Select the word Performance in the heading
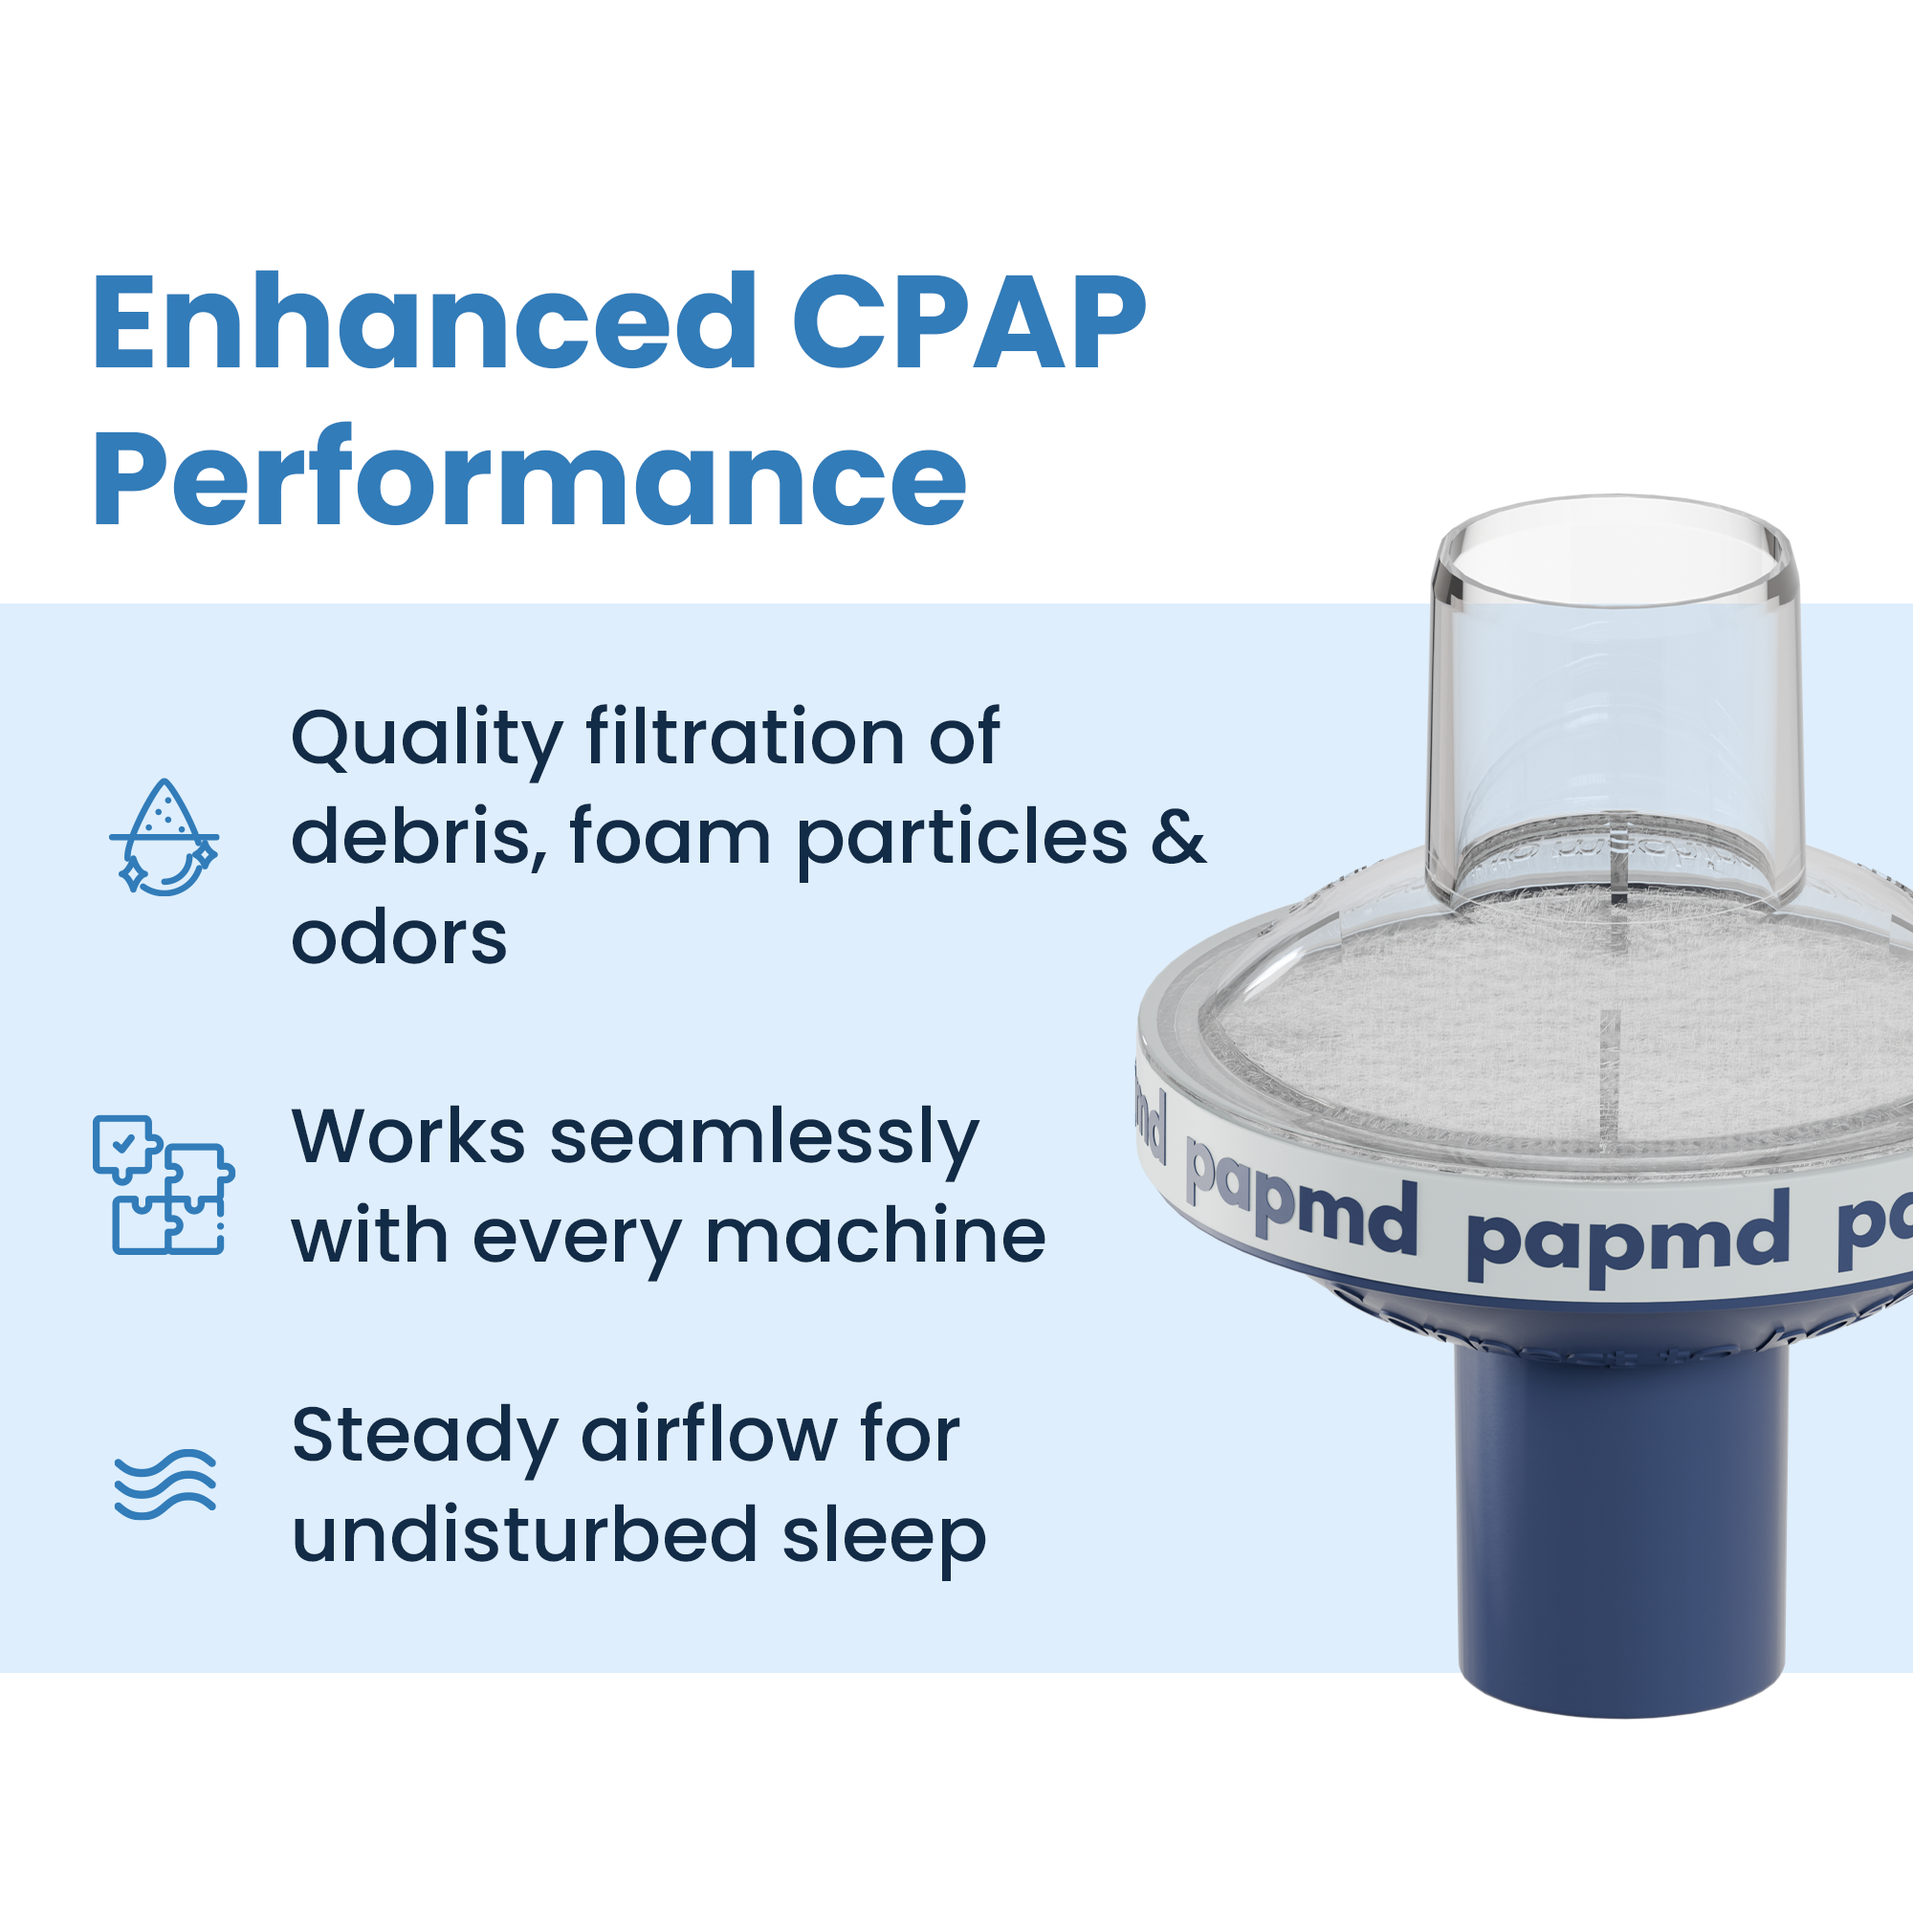coord(529,479)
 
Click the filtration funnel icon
coord(165,838)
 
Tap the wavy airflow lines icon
coord(165,1484)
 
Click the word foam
coord(671,837)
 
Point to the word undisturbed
coord(525,1536)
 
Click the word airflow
coord(708,1436)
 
